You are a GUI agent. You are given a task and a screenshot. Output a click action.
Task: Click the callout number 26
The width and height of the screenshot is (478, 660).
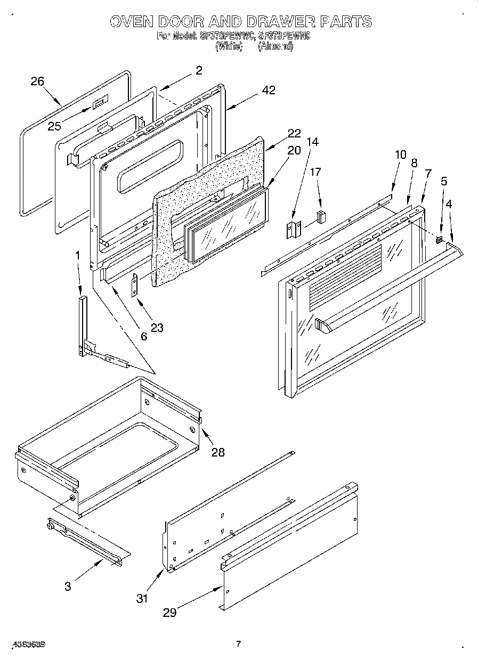pos(37,81)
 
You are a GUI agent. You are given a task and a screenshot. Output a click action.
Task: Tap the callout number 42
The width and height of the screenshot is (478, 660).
pos(269,91)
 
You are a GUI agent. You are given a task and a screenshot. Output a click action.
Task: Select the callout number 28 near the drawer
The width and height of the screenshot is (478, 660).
pos(217,452)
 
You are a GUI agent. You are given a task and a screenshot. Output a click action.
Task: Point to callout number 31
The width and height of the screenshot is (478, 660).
pos(141,598)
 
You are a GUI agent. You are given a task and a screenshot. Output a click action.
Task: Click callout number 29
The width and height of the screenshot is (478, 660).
pos(169,613)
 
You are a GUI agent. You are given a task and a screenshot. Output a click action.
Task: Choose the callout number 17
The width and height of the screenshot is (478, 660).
pos(315,172)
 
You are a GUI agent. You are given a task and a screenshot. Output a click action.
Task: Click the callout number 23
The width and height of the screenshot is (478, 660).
pos(157,328)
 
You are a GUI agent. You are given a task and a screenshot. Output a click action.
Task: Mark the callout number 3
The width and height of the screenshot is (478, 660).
pos(67,586)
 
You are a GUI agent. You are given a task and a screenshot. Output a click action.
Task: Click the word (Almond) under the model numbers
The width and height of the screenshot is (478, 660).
pos(276,46)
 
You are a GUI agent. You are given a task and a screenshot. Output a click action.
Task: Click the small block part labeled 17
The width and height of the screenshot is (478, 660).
pos(321,216)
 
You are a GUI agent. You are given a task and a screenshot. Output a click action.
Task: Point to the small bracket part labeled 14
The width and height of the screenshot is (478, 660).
pos(294,231)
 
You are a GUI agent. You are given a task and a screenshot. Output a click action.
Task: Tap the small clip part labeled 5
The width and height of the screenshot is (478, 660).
pos(439,239)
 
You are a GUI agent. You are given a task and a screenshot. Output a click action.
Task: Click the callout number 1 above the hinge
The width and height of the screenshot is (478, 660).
pos(78,256)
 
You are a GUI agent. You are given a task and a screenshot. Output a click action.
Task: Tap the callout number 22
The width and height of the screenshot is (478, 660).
pos(294,134)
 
